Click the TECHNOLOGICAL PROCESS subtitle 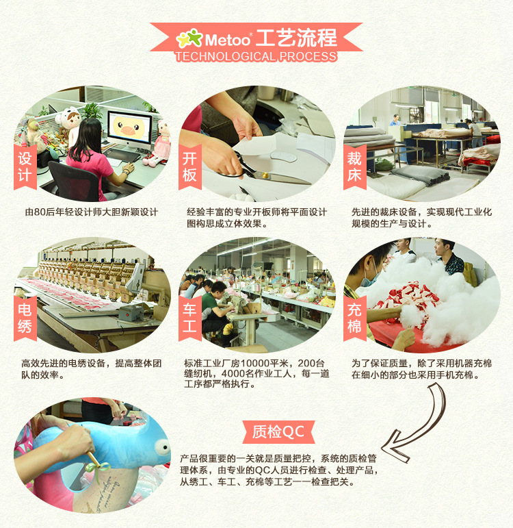pyautogui.click(x=256, y=56)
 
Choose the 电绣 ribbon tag pyautogui.click(x=25, y=317)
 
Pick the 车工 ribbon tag pyautogui.click(x=189, y=317)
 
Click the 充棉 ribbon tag pyautogui.click(x=354, y=317)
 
